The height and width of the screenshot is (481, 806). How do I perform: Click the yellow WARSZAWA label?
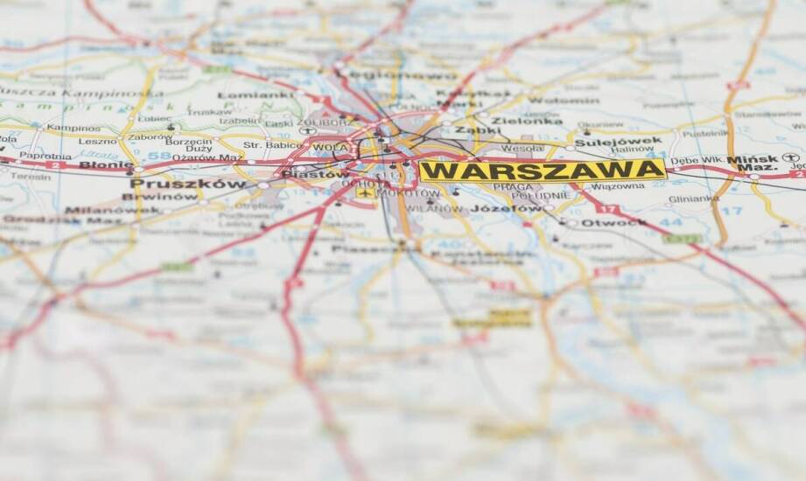point(542,170)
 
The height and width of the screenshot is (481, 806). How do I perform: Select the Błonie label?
point(106,164)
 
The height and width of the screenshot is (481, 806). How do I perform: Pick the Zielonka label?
point(527,121)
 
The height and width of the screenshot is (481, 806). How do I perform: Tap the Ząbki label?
point(477,129)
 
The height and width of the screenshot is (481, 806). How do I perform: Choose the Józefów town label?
point(506,209)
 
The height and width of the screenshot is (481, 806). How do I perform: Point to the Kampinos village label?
point(74,128)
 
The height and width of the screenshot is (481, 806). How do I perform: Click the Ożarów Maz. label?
point(208,157)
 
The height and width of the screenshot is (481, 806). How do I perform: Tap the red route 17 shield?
point(609,209)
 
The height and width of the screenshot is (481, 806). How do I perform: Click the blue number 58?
point(158,157)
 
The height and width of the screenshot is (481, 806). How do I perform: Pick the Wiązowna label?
point(618,186)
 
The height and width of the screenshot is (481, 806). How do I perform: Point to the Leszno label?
point(97,142)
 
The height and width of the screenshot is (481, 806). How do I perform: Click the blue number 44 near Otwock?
point(670,222)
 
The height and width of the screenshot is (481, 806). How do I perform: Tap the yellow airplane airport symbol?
point(363,192)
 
